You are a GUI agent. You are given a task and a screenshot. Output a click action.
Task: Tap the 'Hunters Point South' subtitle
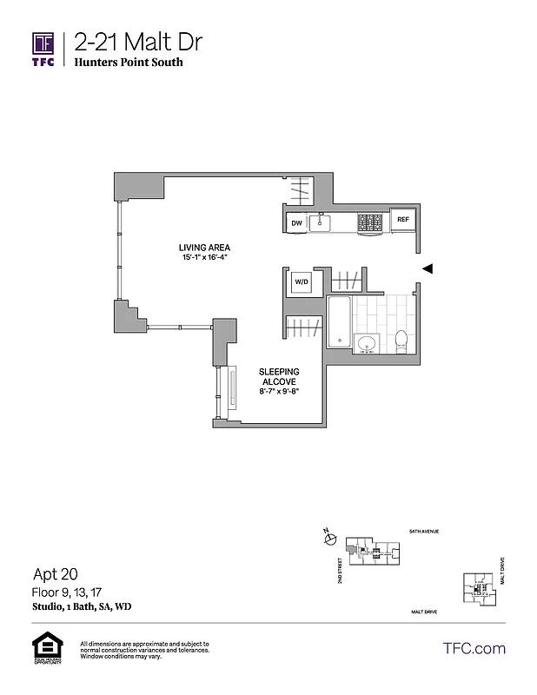(x=129, y=63)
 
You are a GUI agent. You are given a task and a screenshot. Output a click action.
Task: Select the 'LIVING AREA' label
(x=205, y=248)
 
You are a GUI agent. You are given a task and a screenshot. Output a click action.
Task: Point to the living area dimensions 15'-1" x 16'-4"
(x=205, y=258)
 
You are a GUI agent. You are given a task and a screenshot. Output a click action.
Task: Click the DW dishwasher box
(x=296, y=223)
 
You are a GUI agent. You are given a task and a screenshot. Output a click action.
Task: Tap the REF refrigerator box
(x=402, y=220)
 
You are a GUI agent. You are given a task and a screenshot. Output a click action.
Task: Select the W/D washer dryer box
(x=302, y=282)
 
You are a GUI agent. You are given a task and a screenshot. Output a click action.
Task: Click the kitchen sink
(x=322, y=223)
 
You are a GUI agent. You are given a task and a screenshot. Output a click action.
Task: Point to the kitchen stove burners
(x=369, y=222)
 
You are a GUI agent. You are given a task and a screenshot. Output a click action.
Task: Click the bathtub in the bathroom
(x=339, y=321)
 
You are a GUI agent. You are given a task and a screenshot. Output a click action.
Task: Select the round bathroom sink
(x=365, y=341)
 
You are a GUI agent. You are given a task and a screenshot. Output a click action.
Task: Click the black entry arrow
(x=426, y=269)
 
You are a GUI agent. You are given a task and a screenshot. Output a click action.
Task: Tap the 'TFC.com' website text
(x=474, y=648)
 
